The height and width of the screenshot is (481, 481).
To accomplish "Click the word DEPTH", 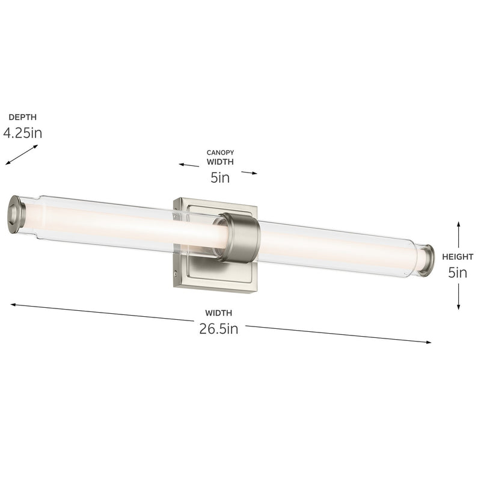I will [18, 117].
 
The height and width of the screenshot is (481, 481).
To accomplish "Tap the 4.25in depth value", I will [22, 133].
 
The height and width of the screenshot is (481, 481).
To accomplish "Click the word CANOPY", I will [220, 153].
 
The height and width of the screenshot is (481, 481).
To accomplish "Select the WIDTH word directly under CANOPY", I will [220, 162].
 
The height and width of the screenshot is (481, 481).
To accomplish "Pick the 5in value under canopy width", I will [220, 177].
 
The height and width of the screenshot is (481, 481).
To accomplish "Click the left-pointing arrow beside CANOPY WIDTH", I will [188, 165].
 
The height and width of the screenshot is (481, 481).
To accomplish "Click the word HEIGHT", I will [458, 257].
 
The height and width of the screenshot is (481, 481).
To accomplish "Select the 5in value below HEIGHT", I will [458, 272].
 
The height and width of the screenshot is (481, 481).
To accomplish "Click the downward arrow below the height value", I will [459, 298].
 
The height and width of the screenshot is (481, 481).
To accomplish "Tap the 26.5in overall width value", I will [219, 329].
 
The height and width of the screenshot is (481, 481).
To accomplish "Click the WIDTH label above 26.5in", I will [219, 313].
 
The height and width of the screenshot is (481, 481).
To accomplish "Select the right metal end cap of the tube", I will [427, 260].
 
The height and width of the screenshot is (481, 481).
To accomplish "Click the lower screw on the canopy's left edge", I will [176, 274].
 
